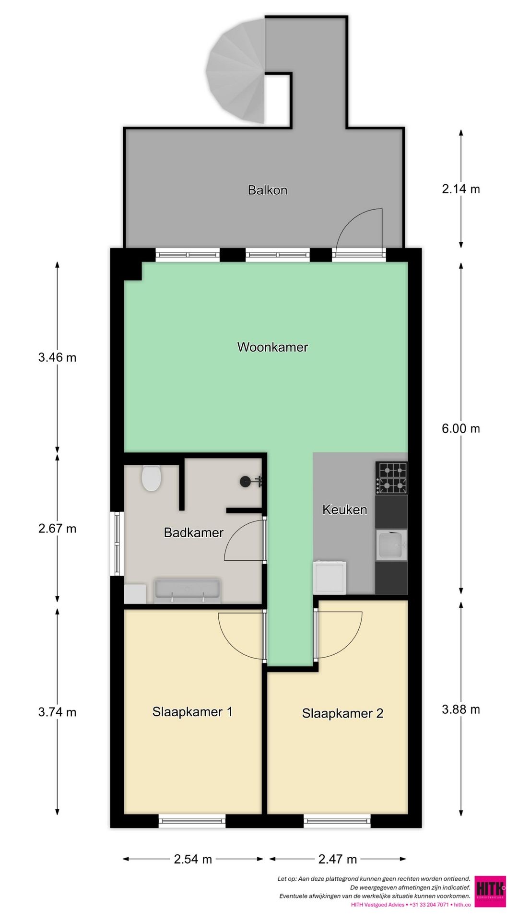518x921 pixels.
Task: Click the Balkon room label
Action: (x=268, y=190)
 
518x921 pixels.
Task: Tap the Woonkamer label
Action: (x=272, y=347)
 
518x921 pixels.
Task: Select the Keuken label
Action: (x=345, y=509)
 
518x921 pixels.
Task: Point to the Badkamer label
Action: (x=194, y=532)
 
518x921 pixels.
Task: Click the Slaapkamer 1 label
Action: (x=192, y=712)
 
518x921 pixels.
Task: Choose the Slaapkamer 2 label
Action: (x=342, y=713)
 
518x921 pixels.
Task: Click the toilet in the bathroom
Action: (x=151, y=478)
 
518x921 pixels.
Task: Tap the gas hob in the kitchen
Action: (x=391, y=478)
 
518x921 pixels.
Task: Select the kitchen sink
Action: (x=391, y=545)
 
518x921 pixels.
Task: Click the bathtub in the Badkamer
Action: (x=187, y=590)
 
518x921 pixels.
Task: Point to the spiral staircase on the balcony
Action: (x=235, y=71)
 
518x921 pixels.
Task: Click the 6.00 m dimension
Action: (x=461, y=428)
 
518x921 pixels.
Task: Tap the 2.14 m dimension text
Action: (x=461, y=189)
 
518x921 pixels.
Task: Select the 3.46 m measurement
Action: (x=58, y=357)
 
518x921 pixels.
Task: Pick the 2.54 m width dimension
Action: (x=193, y=859)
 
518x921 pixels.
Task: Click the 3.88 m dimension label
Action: (x=461, y=709)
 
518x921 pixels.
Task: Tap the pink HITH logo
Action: (x=490, y=892)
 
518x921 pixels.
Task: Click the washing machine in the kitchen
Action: (x=329, y=577)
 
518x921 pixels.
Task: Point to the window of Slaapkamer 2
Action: (x=337, y=821)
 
